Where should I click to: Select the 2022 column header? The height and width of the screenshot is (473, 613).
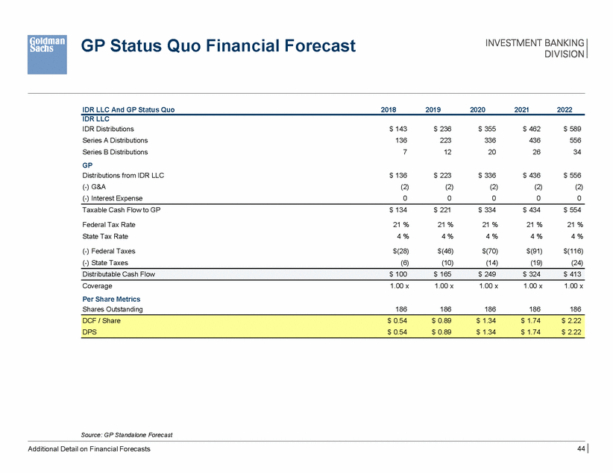pos(565,109)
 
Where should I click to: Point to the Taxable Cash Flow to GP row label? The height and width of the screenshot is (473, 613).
pos(121,210)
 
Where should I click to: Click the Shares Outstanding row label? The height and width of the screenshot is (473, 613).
pos(112,309)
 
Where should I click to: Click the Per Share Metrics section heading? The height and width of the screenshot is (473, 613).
pos(112,299)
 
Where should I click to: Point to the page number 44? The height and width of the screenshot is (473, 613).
pos(580,448)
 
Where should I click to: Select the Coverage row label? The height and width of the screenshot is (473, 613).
pos(97,286)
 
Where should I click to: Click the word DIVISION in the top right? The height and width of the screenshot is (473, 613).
pos(565,54)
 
